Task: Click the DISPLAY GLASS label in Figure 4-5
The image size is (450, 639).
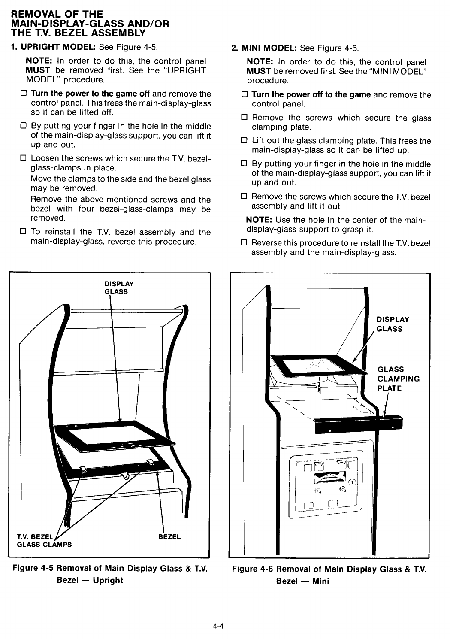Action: point(119,288)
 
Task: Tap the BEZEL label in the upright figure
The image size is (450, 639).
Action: point(169,537)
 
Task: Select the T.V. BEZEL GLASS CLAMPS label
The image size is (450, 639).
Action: point(44,541)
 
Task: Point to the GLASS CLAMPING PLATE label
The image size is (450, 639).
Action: point(398,379)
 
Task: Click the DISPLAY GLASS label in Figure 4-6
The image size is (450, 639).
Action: point(392,324)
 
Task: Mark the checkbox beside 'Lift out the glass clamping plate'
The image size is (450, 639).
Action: point(245,141)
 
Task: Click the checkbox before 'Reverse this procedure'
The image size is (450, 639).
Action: point(245,243)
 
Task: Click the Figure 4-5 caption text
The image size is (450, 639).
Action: point(110,574)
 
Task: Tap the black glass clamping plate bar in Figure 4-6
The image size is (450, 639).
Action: point(359,423)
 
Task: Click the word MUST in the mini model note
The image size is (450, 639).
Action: point(259,71)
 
